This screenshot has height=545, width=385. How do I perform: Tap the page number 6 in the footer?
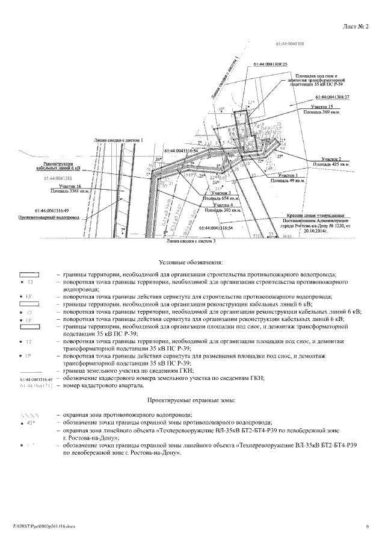[x=366, y=526]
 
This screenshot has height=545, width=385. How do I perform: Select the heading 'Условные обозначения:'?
[x=191, y=263]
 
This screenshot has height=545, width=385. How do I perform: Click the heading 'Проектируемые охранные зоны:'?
[x=191, y=400]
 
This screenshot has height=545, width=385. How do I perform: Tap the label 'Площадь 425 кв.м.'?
[x=326, y=164]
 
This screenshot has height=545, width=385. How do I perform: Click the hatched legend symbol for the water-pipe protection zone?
[x=29, y=415]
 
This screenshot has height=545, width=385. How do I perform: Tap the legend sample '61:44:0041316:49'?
[x=29, y=378]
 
